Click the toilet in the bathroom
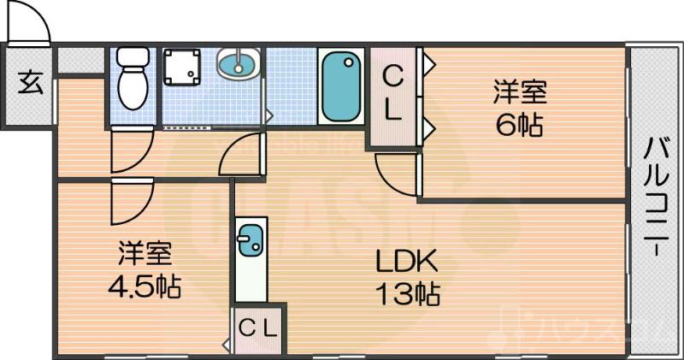tap(132, 79)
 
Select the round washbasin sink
tap(239, 63)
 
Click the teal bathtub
tap(341, 86)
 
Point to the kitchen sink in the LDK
tap(251, 240)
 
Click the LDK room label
tap(406, 261)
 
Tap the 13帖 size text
tap(406, 293)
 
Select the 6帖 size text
tap(518, 126)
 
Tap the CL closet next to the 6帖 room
tap(392, 94)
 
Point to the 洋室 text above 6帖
tap(518, 90)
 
